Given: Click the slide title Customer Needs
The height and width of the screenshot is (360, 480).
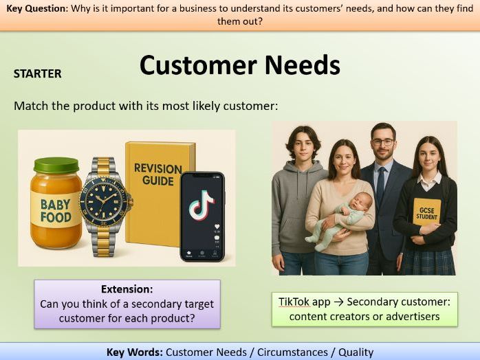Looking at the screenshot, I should pyautogui.click(x=239, y=65).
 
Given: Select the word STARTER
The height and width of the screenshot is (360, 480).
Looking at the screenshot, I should pyautogui.click(x=37, y=74).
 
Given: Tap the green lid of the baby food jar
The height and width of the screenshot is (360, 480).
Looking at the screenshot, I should pyautogui.click(x=56, y=166).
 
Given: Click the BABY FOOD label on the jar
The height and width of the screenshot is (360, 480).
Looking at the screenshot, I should pyautogui.click(x=55, y=210).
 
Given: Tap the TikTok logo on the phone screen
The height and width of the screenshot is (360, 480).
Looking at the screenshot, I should pyautogui.click(x=201, y=205).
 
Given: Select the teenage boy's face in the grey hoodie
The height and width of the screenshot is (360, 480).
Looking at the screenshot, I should pyautogui.click(x=301, y=146).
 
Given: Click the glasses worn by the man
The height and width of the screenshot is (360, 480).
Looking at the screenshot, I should pyautogui.click(x=382, y=143).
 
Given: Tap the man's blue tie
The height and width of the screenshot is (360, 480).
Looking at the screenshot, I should pyautogui.click(x=380, y=187).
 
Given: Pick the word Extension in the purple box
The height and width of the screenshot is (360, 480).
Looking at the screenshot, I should pyautogui.click(x=127, y=289).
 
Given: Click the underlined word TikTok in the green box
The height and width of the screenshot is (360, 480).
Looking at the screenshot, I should pyautogui.click(x=294, y=302).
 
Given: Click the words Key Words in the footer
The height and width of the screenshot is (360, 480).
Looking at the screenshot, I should pyautogui.click(x=134, y=352).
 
